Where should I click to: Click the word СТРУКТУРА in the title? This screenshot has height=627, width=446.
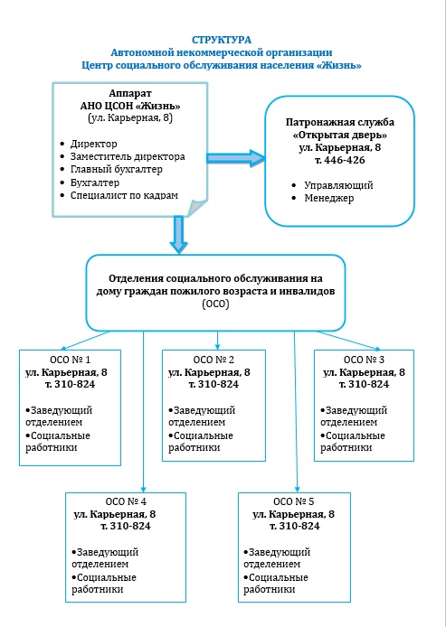point(222,40)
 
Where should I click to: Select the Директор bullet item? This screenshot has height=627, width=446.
point(94,144)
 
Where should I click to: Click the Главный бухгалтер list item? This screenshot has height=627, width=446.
point(116,170)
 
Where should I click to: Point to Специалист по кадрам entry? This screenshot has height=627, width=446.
point(124,195)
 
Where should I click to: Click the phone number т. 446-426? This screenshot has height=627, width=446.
point(339,160)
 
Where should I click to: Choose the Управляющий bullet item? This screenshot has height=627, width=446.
point(338,185)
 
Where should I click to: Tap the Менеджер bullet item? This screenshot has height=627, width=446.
point(328,199)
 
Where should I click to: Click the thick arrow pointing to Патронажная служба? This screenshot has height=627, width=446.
point(236,158)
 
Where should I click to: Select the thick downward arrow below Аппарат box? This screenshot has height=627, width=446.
point(178,235)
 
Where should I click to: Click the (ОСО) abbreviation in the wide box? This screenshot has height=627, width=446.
point(216,304)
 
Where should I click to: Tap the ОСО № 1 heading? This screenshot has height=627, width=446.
point(70,360)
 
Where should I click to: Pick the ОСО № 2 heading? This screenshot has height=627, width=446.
point(214,360)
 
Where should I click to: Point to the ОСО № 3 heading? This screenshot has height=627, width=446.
point(364,360)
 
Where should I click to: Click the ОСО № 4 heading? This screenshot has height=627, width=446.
point(126,501)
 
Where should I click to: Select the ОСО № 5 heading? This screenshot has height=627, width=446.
point(294,501)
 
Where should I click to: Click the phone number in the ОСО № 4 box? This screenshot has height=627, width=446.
point(126,526)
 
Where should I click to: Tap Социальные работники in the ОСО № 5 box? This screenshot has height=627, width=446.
point(276,584)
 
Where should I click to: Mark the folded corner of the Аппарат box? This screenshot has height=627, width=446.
point(198,207)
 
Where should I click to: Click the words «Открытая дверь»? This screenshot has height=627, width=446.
point(340,136)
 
